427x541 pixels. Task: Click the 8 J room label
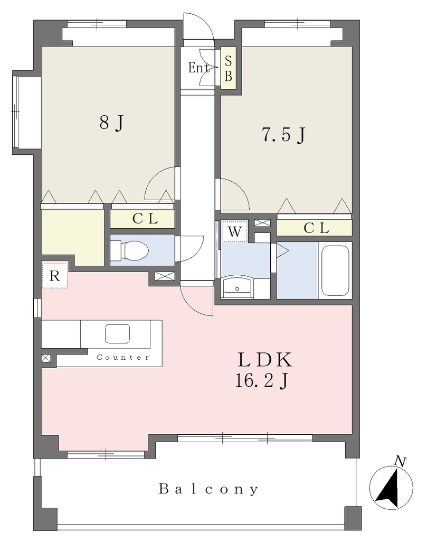[111, 123]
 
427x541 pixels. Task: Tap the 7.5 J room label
[283, 135]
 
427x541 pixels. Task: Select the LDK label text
[264, 360]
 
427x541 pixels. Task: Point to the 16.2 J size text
[262, 381]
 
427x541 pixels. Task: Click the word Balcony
[208, 489]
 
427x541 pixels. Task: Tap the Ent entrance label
[198, 68]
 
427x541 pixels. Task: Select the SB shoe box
[228, 68]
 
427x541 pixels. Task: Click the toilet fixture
[130, 250]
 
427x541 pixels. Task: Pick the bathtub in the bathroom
[335, 270]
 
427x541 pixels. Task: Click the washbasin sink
[237, 287]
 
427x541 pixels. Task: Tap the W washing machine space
[235, 231]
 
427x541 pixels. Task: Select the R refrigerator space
[55, 275]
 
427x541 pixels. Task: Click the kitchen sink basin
[118, 334]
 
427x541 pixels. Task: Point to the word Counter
[123, 358]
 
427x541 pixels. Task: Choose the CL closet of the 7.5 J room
[314, 228]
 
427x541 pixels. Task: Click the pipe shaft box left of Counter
[46, 358]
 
